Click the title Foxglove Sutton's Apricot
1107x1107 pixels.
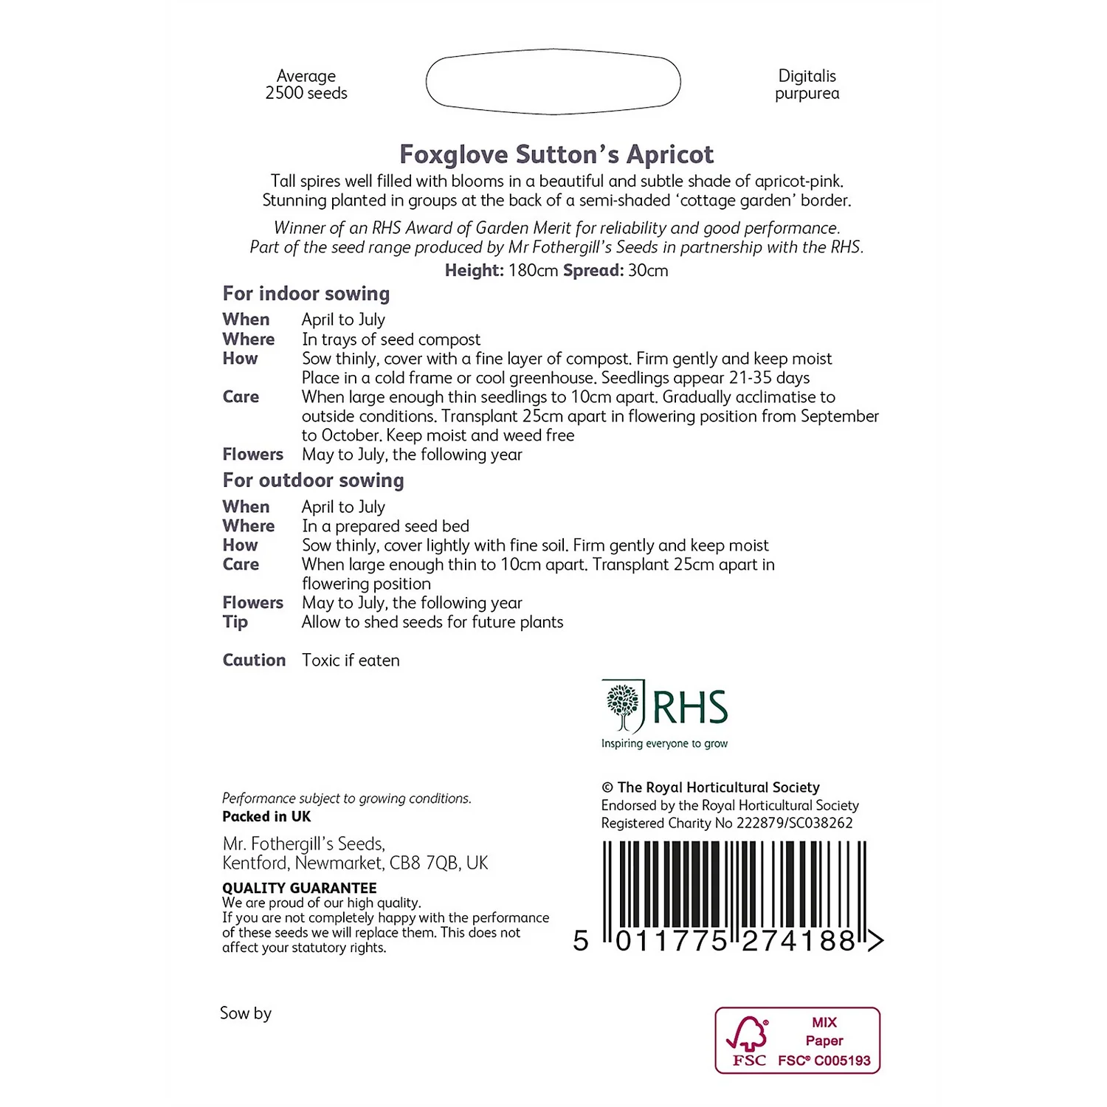click(x=556, y=154)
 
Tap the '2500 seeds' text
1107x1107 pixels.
click(x=306, y=94)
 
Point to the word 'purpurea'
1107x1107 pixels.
click(x=807, y=94)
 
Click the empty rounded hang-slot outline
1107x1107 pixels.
click(x=553, y=82)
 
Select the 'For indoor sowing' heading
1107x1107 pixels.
click(x=306, y=294)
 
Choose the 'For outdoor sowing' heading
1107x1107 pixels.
click(x=313, y=480)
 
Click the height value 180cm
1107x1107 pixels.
click(x=533, y=271)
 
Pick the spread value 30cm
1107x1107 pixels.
click(x=648, y=271)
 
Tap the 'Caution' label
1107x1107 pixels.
click(x=254, y=661)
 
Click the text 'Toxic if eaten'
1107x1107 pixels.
click(x=351, y=661)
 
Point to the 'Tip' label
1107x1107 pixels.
click(x=235, y=622)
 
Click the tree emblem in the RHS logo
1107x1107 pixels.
click(x=623, y=705)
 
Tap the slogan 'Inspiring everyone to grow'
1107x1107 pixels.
click(x=664, y=744)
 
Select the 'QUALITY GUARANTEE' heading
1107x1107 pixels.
click(x=300, y=888)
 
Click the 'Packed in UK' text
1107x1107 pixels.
click(x=266, y=817)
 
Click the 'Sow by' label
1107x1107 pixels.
click(x=246, y=1013)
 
